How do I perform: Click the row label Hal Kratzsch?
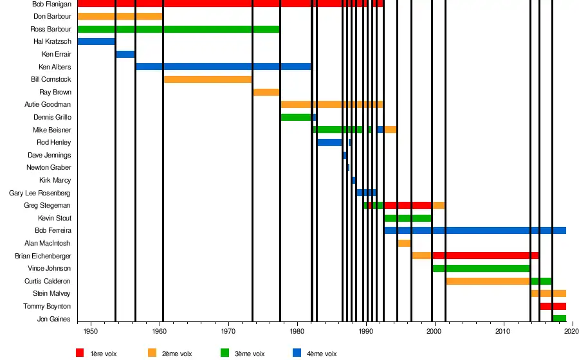[x=52, y=42]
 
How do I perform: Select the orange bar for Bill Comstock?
[x=207, y=79]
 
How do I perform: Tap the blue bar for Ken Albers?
[x=223, y=67]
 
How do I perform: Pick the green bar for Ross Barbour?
[x=178, y=29]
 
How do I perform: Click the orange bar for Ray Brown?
[x=266, y=92]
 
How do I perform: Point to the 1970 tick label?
[x=228, y=331]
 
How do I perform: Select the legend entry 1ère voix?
[x=104, y=354]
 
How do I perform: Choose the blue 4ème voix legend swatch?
[x=297, y=353]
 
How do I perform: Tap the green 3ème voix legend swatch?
[x=225, y=353]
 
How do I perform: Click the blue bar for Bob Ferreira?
[x=475, y=230]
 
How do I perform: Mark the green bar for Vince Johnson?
[x=481, y=268]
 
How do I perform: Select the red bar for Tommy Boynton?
[x=553, y=306]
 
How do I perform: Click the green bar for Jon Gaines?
[x=559, y=318]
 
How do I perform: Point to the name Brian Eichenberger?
[x=43, y=256]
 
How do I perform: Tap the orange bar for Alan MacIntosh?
[x=404, y=243]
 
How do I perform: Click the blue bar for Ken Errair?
[x=125, y=54]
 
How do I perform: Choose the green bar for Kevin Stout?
[x=407, y=218]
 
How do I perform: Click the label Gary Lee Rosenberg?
[x=40, y=193]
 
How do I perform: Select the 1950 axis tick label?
[x=91, y=331]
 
